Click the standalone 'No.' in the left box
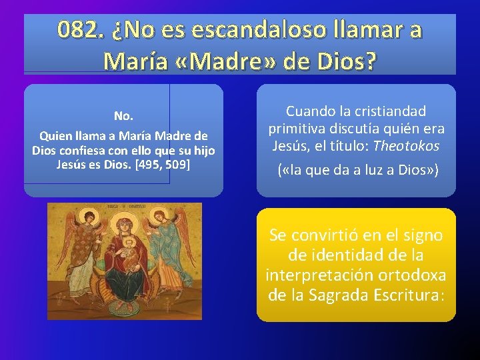click(x=123, y=116)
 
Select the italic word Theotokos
click(x=407, y=145)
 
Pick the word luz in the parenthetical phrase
click(x=368, y=171)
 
